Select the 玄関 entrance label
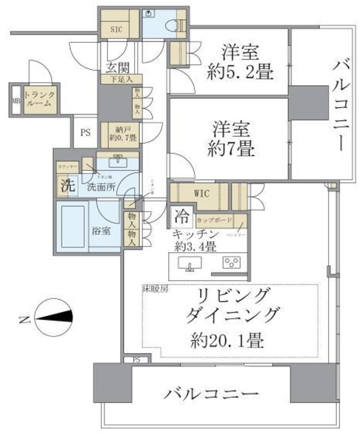pyautogui.click(x=119, y=67)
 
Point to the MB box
pyautogui.click(x=15, y=102)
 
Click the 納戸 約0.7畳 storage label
pyautogui.click(x=123, y=134)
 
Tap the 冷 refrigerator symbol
pyautogui.click(x=181, y=218)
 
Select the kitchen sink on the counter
pyautogui.click(x=186, y=263)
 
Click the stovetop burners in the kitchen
pyautogui.click(x=230, y=263)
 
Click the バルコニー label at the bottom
pyautogui.click(x=211, y=394)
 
